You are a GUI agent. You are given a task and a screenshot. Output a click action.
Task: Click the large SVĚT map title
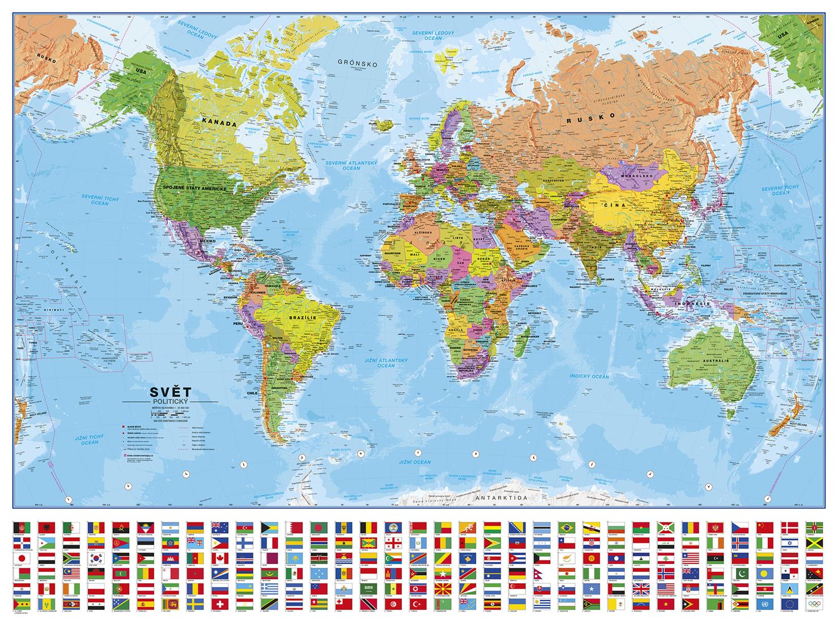(x=167, y=391)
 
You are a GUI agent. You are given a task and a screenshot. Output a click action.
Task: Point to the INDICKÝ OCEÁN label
(x=589, y=376)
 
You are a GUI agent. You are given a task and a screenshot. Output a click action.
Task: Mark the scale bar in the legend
(x=170, y=415)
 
